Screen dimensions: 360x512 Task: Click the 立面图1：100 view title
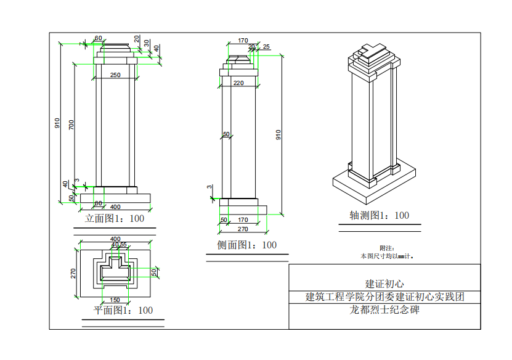(x=115, y=218)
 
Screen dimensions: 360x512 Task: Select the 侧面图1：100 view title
(x=247, y=245)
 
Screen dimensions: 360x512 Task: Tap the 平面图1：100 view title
(x=123, y=310)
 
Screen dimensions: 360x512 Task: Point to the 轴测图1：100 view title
(x=379, y=216)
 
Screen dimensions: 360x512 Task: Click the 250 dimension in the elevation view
(x=115, y=75)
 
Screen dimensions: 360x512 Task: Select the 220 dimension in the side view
(x=238, y=83)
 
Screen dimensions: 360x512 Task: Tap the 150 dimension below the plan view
(x=115, y=300)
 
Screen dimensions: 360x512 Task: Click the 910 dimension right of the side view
(x=278, y=136)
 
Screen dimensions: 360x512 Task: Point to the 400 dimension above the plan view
(x=115, y=239)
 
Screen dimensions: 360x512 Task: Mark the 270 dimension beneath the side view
(x=243, y=229)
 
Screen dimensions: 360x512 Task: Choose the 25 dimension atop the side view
(x=266, y=47)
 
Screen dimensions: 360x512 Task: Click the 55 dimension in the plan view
(x=123, y=245)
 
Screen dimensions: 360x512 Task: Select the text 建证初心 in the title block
(x=384, y=284)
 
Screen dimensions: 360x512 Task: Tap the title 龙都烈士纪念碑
(x=384, y=310)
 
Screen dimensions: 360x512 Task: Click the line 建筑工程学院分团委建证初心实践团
(x=384, y=297)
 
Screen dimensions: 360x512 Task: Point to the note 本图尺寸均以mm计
(x=386, y=255)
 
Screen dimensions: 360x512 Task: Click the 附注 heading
(x=386, y=248)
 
